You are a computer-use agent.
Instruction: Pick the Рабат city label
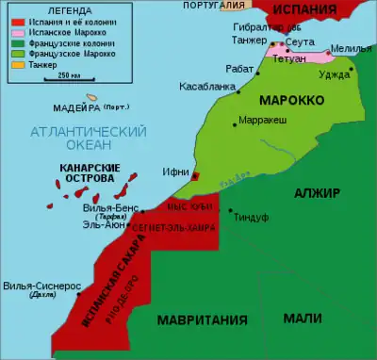[x=239, y=68]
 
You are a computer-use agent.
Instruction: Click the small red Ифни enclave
[x=195, y=176]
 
